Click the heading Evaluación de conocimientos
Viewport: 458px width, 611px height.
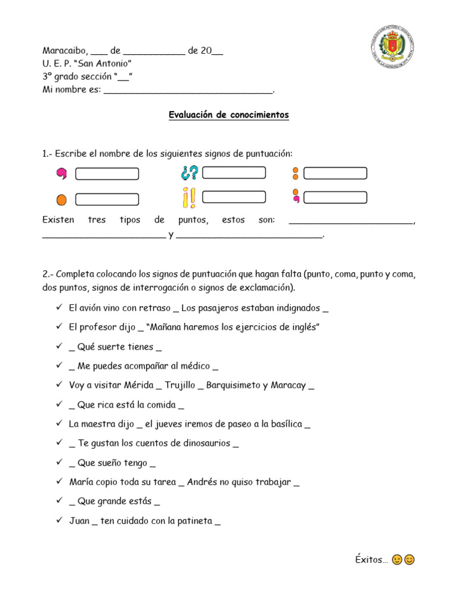coord(229,115)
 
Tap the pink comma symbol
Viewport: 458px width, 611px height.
coord(61,174)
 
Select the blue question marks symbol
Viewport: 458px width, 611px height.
coord(189,173)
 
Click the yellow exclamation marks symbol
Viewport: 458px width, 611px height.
coord(190,198)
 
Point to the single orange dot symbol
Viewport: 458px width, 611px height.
coord(61,199)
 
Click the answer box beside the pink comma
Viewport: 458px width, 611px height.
coord(107,174)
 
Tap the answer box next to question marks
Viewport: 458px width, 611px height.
coord(234,173)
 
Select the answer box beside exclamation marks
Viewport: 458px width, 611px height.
coord(234,196)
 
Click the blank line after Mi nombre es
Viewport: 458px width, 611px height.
coord(188,90)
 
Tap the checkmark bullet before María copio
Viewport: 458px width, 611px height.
coord(60,482)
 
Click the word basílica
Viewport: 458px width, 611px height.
coord(283,424)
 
